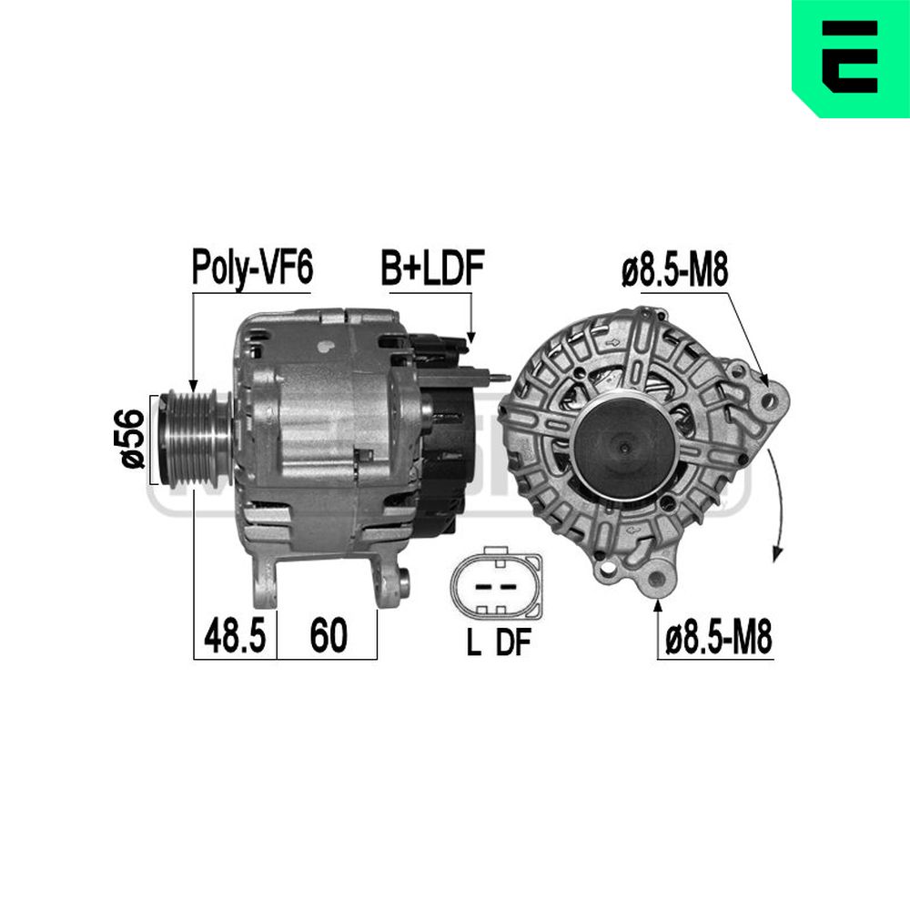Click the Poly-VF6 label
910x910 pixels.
(252, 268)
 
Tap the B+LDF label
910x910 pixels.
(432, 268)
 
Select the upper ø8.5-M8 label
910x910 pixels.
(674, 270)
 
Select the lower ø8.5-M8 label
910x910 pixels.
(719, 638)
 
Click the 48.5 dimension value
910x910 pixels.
(235, 635)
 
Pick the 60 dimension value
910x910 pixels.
(329, 635)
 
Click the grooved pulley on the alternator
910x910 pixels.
(197, 440)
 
